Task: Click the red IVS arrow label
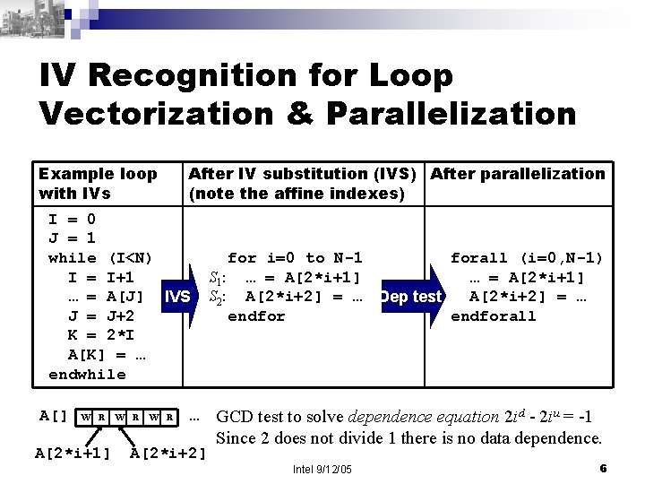[x=177, y=296]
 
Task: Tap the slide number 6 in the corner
[x=604, y=469]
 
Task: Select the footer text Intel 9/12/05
[x=322, y=470]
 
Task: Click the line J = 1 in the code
[x=72, y=238]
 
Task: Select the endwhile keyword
[x=87, y=375]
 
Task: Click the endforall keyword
[x=493, y=315]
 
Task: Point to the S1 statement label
[x=218, y=277]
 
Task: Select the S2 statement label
[x=218, y=297]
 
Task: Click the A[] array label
[x=55, y=415]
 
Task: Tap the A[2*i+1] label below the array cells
[x=73, y=452]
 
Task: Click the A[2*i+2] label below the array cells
[x=169, y=452]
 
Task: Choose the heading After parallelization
[x=518, y=174]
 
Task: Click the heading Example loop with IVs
[x=97, y=183]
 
